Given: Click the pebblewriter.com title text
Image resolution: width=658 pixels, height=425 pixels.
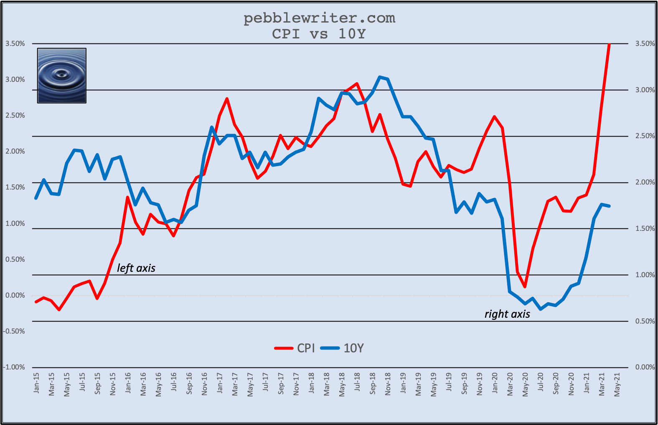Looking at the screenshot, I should pos(319,18).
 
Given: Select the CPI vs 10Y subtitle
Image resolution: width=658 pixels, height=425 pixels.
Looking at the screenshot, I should pos(319,34).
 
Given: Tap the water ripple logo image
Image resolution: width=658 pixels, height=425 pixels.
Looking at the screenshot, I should pos(62,76).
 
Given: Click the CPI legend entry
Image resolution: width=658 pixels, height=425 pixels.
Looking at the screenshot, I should pos(295,348).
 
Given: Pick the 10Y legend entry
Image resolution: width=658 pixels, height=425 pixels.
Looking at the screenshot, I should pos(343,348).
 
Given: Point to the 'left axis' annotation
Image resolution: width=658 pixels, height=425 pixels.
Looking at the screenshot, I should pos(136,268).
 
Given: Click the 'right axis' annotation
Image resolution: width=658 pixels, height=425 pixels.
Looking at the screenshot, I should pos(507,314).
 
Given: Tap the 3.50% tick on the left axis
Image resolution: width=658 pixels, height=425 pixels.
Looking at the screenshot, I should pos(15,43).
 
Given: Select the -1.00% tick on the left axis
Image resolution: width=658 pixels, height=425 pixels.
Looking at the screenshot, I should pos(14,367).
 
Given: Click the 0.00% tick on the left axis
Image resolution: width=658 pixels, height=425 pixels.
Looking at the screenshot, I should pos(15,295).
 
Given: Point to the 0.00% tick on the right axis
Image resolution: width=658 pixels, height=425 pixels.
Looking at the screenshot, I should pos(645,367).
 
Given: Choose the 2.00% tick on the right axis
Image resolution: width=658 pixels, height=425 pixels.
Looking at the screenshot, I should pos(645,182).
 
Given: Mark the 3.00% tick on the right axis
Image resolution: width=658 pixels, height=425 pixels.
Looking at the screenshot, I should pos(645,90).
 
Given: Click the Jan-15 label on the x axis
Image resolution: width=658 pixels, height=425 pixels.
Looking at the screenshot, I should pos(36,383).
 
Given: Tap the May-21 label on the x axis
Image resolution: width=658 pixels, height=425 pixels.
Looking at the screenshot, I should pos(617,384).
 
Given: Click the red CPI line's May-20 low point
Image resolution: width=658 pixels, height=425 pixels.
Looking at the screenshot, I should pos(525,287).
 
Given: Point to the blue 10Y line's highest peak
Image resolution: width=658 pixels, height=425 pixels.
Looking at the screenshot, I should pos(380,77).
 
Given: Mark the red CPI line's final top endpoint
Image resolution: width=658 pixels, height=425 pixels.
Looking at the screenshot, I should pos(610,44).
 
